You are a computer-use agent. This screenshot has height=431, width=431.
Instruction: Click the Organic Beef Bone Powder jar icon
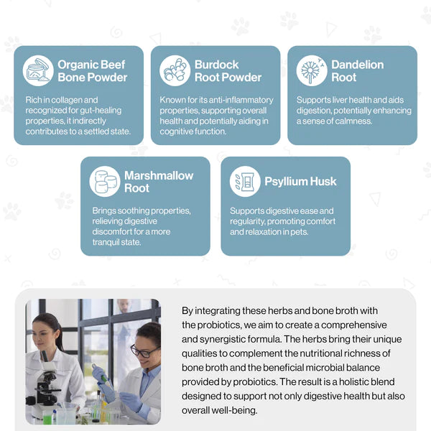[x=38, y=71]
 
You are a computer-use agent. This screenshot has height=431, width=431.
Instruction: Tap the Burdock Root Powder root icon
[x=175, y=71]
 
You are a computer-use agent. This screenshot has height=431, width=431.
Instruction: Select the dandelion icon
[x=312, y=71]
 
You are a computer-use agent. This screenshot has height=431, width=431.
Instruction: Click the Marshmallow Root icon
[x=105, y=182]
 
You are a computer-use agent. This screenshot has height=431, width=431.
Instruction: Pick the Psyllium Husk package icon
[x=245, y=182]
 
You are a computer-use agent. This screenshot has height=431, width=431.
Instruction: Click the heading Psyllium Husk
[x=300, y=182]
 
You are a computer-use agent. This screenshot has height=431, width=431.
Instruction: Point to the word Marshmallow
[x=159, y=175]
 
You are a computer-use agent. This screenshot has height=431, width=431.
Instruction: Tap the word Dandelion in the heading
[x=357, y=65]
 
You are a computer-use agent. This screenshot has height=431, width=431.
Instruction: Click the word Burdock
[x=217, y=65]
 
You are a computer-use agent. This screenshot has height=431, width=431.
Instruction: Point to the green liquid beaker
[x=47, y=417]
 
